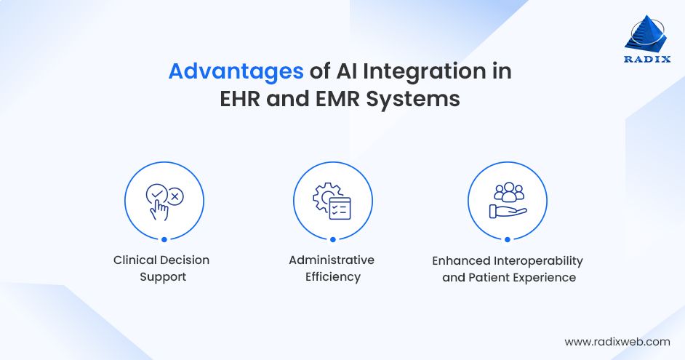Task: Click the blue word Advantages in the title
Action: [x=236, y=72]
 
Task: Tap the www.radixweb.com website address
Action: [x=617, y=341]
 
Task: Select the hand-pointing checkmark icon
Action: [x=164, y=201]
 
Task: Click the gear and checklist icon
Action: [x=332, y=201]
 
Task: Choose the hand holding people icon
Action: [x=507, y=201]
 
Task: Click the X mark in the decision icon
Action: [x=175, y=196]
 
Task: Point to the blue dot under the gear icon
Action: [x=333, y=239]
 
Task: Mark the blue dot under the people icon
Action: [x=507, y=239]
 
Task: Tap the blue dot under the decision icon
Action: [x=164, y=239]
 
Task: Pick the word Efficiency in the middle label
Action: [x=332, y=277]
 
